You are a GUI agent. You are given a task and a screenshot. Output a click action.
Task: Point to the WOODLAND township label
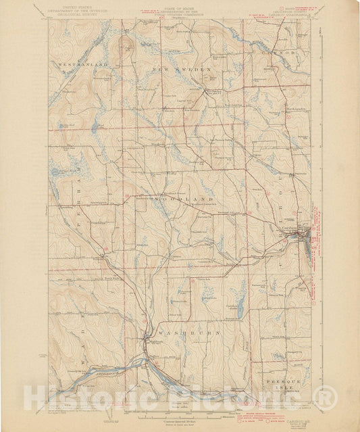(184, 199)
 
